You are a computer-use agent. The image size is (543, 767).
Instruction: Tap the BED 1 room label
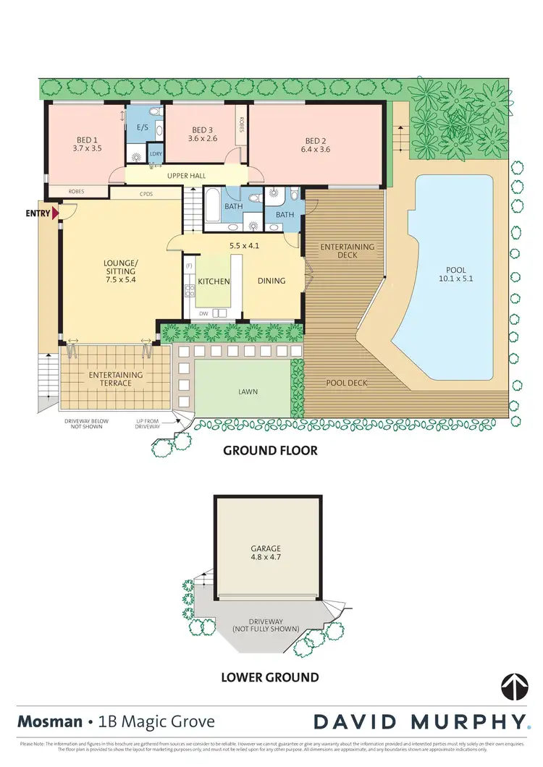click(x=87, y=141)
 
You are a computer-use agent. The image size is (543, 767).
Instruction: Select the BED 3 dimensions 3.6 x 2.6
click(x=202, y=138)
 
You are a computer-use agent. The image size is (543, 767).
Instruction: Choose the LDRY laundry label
click(x=155, y=154)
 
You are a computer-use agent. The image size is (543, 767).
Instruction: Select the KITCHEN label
click(x=214, y=281)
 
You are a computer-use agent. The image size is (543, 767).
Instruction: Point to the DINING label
click(x=271, y=281)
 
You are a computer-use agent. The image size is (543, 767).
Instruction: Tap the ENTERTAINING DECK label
click(x=348, y=252)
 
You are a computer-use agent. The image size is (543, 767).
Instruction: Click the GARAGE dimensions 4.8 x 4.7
click(x=267, y=558)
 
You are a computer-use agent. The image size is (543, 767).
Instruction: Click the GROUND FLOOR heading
click(x=269, y=451)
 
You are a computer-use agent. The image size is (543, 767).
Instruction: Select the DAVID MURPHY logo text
click(x=418, y=721)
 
